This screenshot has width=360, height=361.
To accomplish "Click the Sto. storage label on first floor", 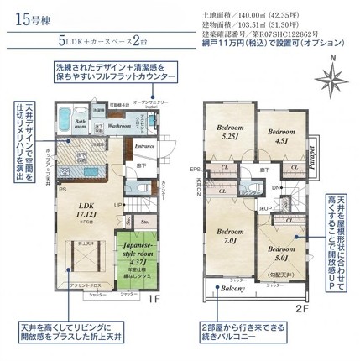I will click(x=143, y=222).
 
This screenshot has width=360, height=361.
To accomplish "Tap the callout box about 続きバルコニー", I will click(x=250, y=332).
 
